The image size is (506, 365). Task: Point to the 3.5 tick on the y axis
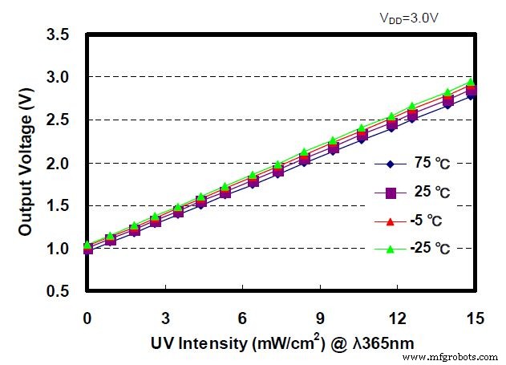point(57,34)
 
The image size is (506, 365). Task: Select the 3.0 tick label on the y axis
point(57,78)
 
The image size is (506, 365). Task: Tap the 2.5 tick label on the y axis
point(57,120)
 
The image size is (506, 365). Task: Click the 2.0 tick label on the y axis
point(57,164)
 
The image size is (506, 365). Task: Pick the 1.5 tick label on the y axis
point(57,206)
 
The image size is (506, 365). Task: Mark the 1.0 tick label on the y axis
point(57,249)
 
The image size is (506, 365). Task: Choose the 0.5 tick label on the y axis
point(57,292)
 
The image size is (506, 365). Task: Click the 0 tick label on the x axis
point(87,318)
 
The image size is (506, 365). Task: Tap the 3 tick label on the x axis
point(165,318)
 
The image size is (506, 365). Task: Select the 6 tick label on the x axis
point(243,318)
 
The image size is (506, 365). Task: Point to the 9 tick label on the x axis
point(321,318)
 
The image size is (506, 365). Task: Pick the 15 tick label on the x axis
point(476,318)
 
